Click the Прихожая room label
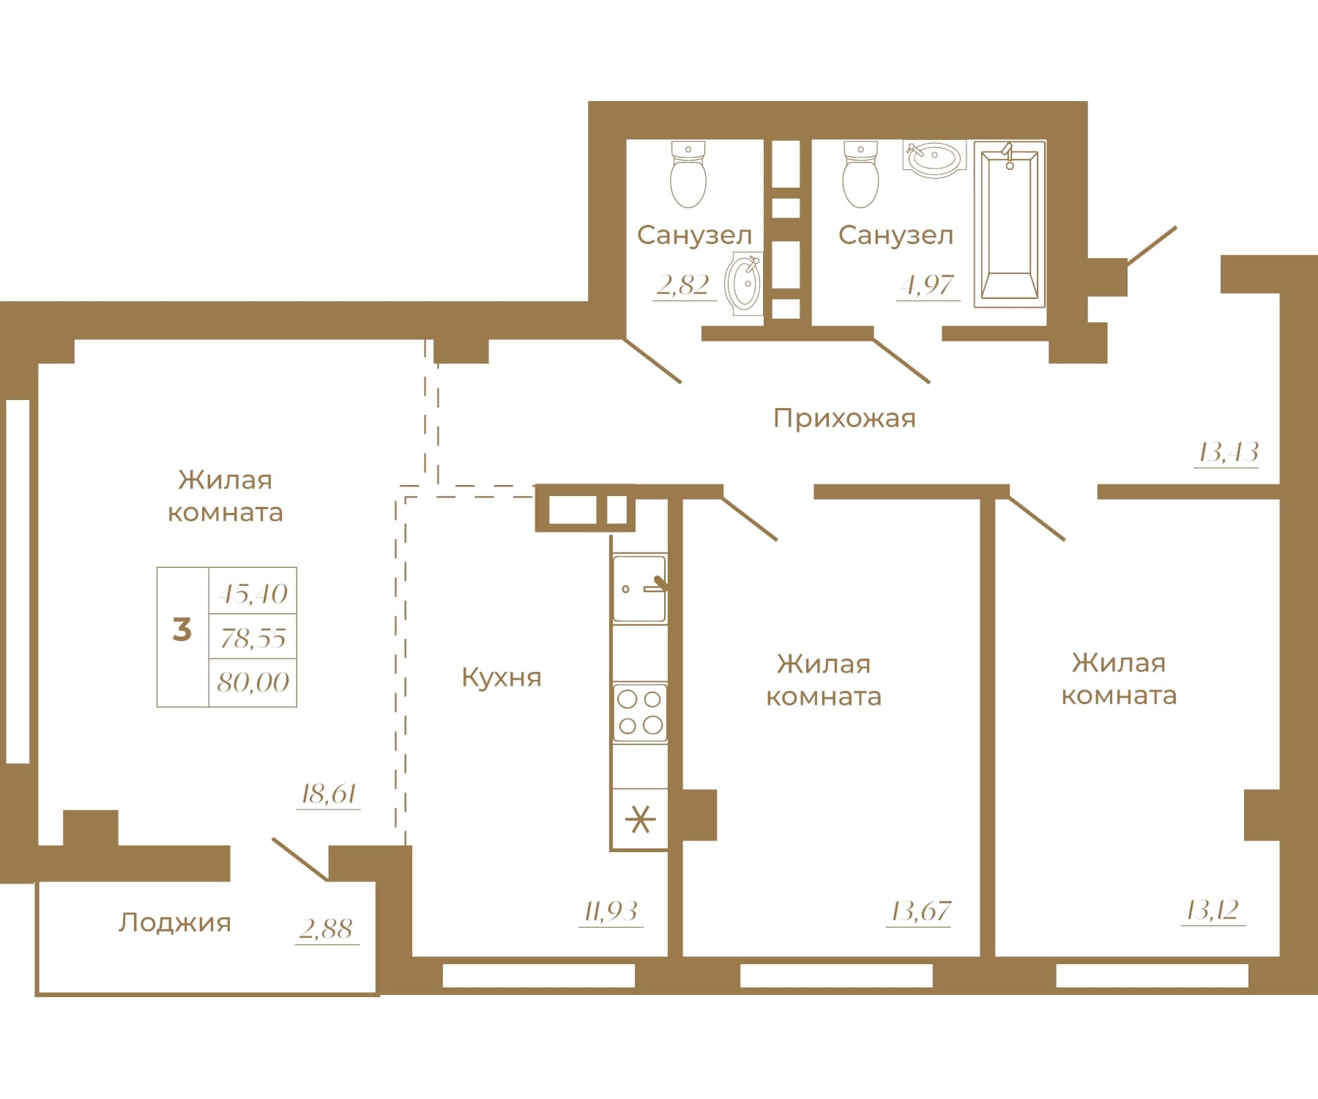844,418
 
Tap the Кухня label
502,678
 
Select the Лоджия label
175,922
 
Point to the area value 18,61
329,793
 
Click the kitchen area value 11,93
611,911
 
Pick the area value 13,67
920,911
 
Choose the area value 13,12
1213,911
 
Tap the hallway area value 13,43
1228,453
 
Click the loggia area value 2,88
327,929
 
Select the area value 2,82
683,284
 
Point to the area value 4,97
928,284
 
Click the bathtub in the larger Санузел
1010,223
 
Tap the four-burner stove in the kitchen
640,712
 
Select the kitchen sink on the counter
640,588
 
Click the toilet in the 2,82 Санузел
688,174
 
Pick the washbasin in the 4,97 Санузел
934,158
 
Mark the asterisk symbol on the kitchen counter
640,819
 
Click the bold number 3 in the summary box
182,629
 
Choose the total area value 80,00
253,683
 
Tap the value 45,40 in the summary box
253,593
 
